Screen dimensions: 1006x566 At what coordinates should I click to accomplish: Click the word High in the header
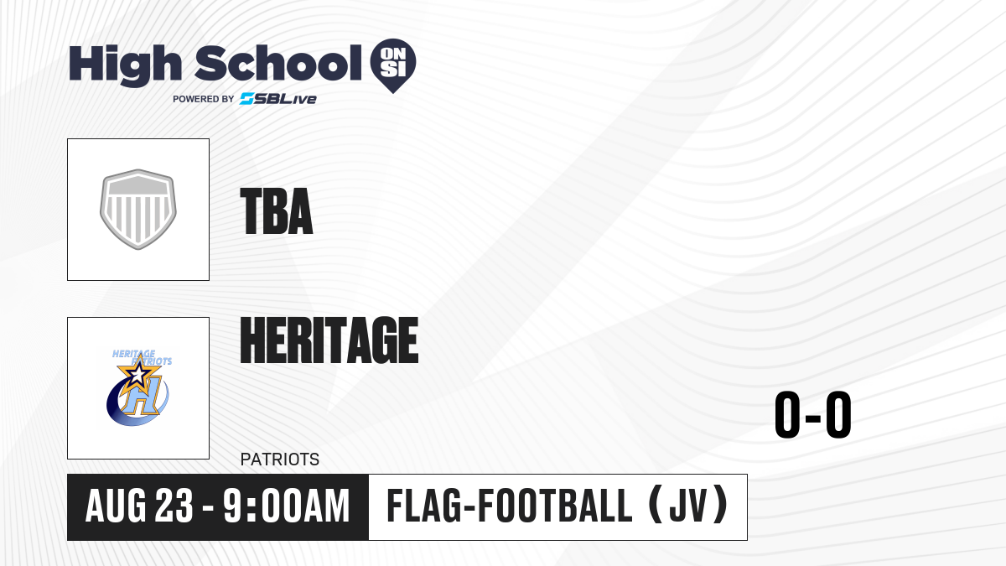pyautogui.click(x=125, y=65)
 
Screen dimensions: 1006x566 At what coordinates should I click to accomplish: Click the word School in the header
pyautogui.click(x=278, y=64)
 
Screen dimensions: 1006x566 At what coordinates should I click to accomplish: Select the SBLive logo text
pyautogui.click(x=278, y=99)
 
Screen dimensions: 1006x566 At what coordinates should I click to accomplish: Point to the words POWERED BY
pyautogui.click(x=204, y=99)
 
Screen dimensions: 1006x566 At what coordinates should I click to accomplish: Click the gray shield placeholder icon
pyautogui.click(x=138, y=210)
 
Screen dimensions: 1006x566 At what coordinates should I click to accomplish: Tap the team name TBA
pyautogui.click(x=277, y=211)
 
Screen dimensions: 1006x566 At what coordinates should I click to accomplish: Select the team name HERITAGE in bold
pyautogui.click(x=329, y=340)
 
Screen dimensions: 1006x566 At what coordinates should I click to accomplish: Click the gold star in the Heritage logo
pyautogui.click(x=139, y=373)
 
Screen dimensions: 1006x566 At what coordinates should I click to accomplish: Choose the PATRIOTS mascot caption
pyautogui.click(x=280, y=460)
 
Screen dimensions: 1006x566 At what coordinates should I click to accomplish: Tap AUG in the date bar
pyautogui.click(x=116, y=506)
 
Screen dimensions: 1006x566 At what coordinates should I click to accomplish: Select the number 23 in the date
pyautogui.click(x=174, y=506)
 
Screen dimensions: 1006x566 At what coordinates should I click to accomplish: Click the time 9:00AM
pyautogui.click(x=287, y=506)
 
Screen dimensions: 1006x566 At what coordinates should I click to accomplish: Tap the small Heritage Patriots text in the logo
pyautogui.click(x=142, y=357)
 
